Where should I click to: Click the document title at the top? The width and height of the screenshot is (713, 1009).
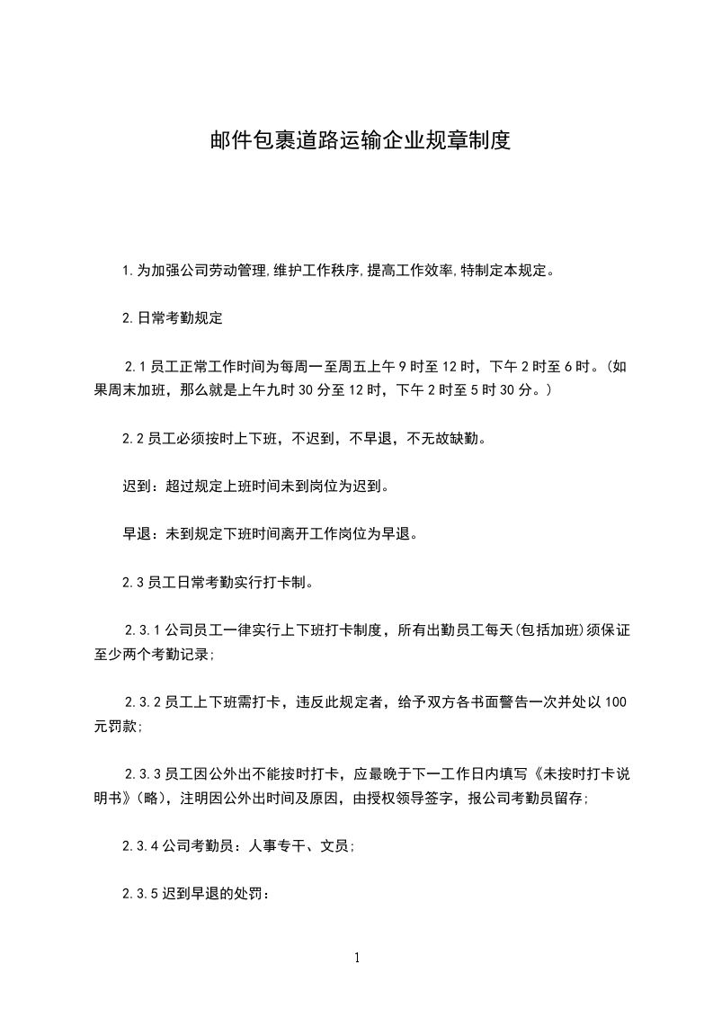point(360,141)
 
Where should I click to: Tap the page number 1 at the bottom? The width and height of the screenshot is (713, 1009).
point(357,958)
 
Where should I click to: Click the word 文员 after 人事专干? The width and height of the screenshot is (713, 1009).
point(334,846)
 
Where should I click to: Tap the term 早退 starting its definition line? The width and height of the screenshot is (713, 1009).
point(137,533)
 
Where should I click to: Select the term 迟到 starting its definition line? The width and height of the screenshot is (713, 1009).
point(137,486)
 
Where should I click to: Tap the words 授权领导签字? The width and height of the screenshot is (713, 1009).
point(411,799)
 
